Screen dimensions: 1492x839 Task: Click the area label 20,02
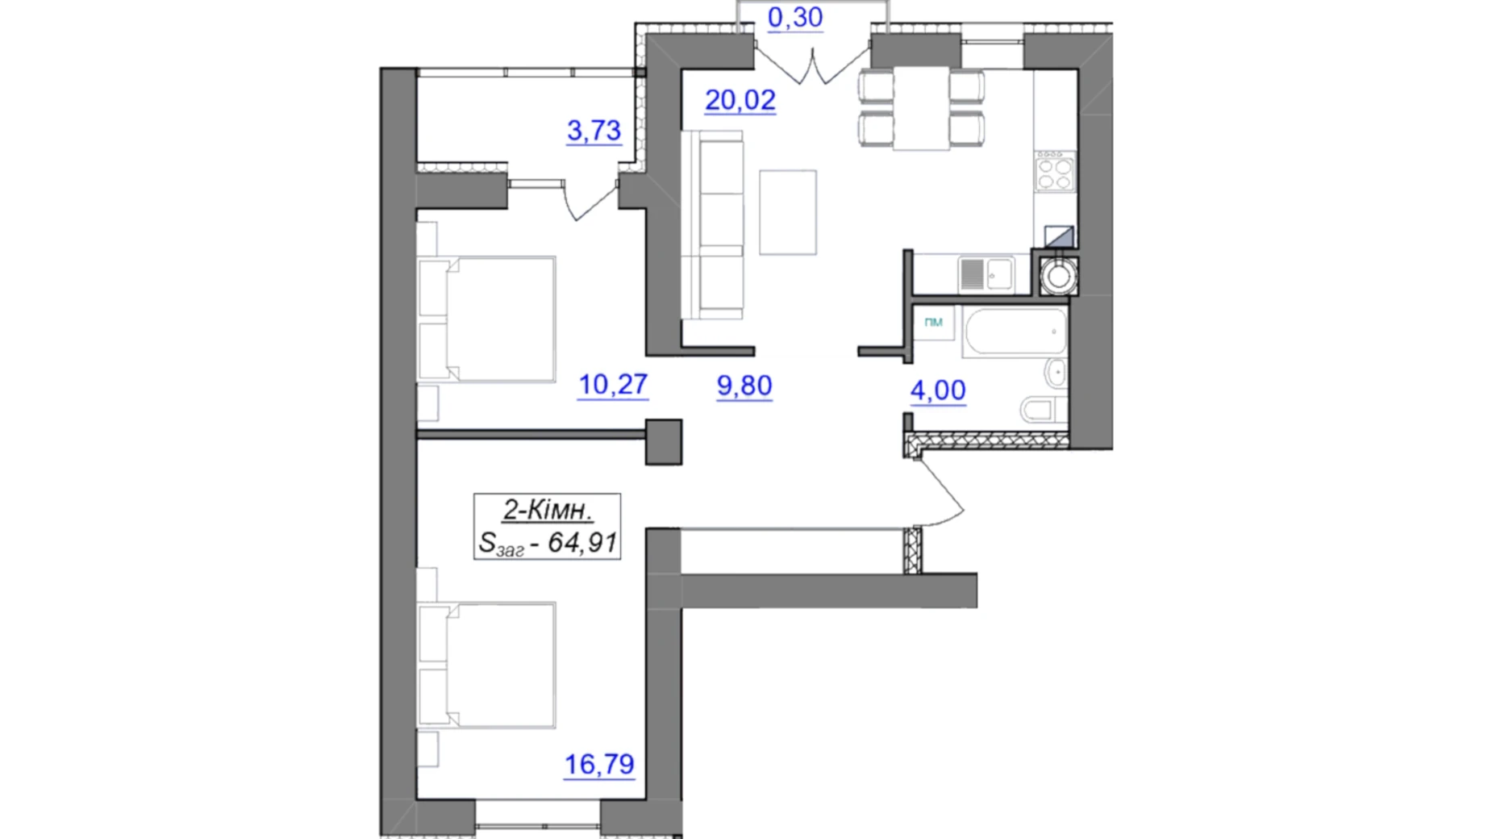(x=740, y=100)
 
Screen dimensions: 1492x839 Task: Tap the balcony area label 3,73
(x=594, y=130)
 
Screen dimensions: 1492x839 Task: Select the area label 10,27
(x=613, y=385)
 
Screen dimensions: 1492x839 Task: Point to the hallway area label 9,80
(x=744, y=386)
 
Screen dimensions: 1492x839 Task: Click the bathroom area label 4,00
(x=938, y=390)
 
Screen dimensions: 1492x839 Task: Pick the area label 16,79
(x=599, y=764)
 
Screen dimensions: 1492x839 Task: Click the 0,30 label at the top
(x=795, y=17)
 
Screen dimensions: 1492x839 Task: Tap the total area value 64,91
(x=582, y=543)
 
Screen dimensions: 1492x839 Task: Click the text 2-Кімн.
(x=548, y=510)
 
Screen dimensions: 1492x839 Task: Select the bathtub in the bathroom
(x=1015, y=331)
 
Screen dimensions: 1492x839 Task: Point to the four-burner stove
(x=1055, y=171)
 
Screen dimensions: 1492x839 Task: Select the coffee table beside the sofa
(x=788, y=212)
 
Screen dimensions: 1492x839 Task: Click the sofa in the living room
(x=712, y=225)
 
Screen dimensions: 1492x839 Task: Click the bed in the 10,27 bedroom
(x=486, y=319)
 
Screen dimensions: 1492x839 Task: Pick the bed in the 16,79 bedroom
(x=486, y=665)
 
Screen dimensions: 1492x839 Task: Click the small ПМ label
(x=933, y=322)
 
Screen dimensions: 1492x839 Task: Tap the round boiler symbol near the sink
(x=1058, y=276)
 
